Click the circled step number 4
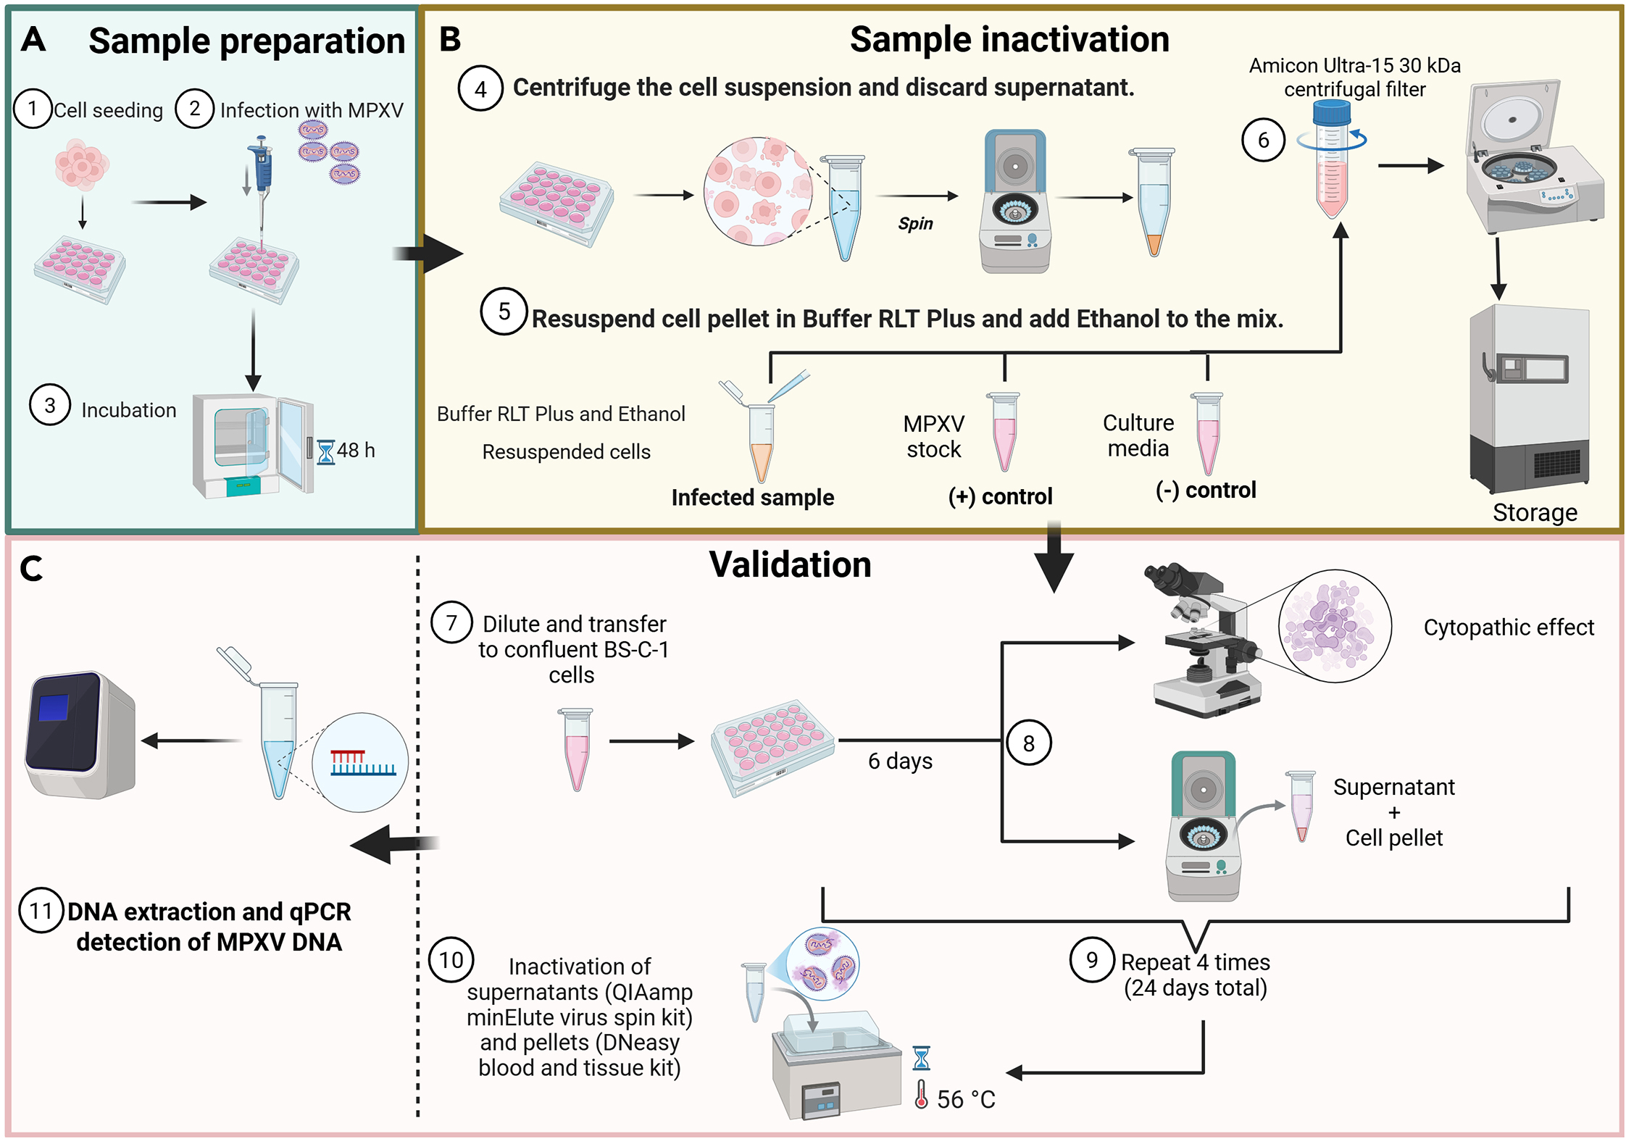click(480, 88)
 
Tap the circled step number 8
click(1028, 743)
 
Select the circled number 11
click(41, 910)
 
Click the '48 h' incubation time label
click(356, 450)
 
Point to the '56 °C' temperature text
click(966, 1099)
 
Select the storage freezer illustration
click(1529, 399)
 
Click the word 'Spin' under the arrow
click(915, 224)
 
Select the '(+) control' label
click(1000, 496)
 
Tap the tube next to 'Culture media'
click(1207, 433)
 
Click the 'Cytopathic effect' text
click(1509, 627)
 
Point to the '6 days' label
click(900, 761)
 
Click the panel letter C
click(31, 569)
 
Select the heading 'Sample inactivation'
click(1009, 39)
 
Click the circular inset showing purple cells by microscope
click(1335, 626)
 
